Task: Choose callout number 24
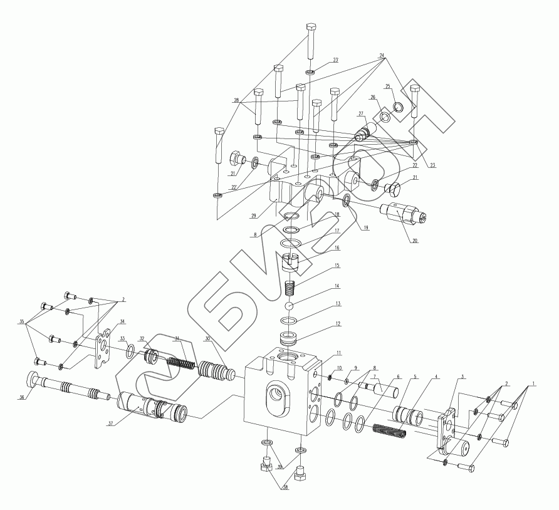(382, 55)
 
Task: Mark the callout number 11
(338, 353)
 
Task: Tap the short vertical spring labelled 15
(290, 289)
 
